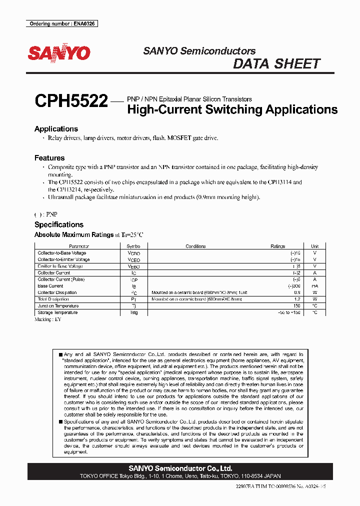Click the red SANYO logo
(x=59, y=53)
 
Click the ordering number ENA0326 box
(x=61, y=23)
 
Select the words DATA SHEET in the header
(x=276, y=64)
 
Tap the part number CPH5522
(x=71, y=102)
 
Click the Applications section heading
(x=56, y=129)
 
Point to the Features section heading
(x=49, y=158)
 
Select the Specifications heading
(x=58, y=225)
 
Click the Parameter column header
(x=79, y=246)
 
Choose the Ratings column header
(x=277, y=246)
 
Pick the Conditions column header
(x=195, y=246)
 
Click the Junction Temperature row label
(x=58, y=306)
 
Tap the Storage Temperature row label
(x=57, y=312)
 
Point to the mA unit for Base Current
(x=314, y=286)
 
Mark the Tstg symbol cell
(x=134, y=312)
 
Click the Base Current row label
(x=50, y=286)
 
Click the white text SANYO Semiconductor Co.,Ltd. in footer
(x=180, y=468)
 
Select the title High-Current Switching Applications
(x=232, y=109)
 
